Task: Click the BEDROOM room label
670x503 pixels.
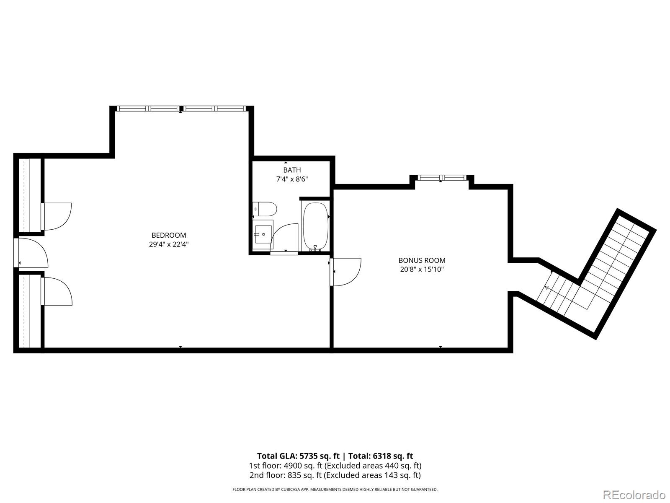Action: [169, 235]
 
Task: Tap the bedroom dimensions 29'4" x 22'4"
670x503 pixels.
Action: [169, 244]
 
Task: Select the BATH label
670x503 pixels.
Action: [292, 170]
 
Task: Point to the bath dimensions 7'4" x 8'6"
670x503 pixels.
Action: [292, 179]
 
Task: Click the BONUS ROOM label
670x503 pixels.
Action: [422, 260]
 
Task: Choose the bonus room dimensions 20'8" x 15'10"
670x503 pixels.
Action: [422, 270]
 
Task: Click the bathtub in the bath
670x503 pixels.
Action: [315, 226]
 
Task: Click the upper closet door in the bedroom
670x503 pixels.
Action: [57, 216]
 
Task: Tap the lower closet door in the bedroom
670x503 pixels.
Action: [57, 291]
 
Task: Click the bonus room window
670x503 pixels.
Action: [442, 178]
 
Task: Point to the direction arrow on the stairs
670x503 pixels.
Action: [547, 287]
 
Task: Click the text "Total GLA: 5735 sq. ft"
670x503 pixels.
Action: [298, 456]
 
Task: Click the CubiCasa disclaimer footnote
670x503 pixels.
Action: [335, 489]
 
